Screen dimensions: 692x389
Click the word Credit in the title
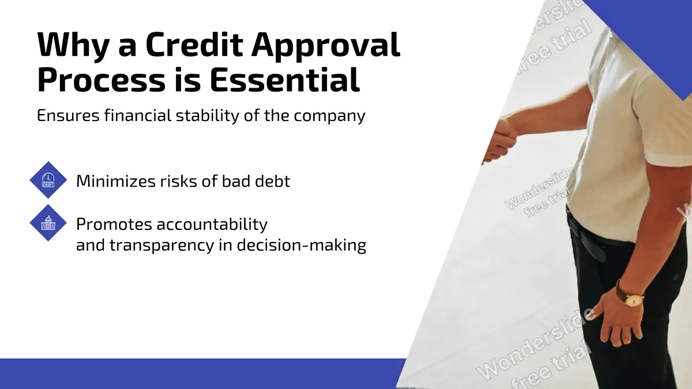[194, 44]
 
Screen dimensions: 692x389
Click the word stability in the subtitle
[208, 116]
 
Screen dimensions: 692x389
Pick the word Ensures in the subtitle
[68, 116]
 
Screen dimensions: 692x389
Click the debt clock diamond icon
[48, 180]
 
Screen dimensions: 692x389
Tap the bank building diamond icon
[48, 222]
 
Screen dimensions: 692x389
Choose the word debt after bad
[272, 181]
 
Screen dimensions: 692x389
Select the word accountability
[212, 224]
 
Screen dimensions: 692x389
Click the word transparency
[162, 246]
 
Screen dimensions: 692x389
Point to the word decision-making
[302, 246]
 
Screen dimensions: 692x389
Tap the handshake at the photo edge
[498, 141]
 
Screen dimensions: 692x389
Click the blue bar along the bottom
[202, 373]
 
